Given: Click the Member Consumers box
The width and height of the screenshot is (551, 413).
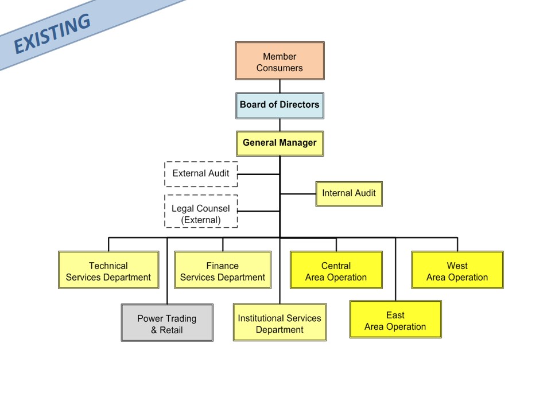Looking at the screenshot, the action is tap(280, 61).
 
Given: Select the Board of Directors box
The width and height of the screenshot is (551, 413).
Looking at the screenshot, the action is tap(280, 106).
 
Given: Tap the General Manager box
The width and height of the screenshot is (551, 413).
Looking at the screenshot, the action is tap(280, 143).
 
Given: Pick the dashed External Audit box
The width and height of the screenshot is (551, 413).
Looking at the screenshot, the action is tap(201, 174).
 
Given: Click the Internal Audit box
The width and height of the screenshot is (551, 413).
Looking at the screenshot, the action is tap(349, 194).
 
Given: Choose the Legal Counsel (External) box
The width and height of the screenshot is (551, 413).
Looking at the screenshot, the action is tap(201, 212).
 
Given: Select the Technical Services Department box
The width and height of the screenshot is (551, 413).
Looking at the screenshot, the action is tap(108, 270).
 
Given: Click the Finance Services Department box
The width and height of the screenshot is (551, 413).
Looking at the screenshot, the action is tap(223, 270).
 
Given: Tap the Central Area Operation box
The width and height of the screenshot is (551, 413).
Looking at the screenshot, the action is tap(336, 270).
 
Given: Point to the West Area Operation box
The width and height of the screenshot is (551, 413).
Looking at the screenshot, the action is tap(457, 270).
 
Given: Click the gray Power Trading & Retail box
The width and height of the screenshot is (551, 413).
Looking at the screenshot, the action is tap(167, 322).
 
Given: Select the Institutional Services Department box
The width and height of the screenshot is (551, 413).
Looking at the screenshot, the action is tap(280, 322).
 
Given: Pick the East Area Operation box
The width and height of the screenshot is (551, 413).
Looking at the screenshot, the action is tap(395, 320).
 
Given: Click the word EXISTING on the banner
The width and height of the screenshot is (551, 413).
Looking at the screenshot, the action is tap(52, 34).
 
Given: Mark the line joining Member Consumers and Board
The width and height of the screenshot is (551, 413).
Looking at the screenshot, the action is tap(280, 87).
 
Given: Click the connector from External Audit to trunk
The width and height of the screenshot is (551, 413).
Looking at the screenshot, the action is tap(259, 174).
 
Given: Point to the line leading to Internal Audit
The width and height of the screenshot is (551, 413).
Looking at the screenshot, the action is tap(298, 194).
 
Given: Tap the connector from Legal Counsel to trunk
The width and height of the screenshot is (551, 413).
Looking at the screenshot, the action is tap(259, 211).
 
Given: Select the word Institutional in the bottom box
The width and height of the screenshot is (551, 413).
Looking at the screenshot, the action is tap(261, 318).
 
